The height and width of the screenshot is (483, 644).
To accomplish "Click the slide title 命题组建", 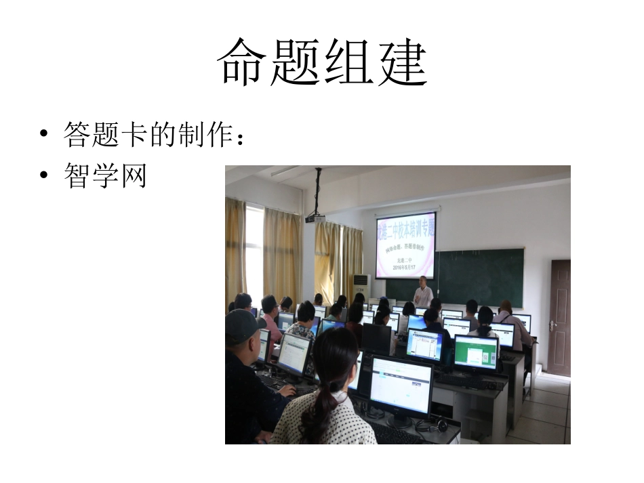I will click(x=322, y=61).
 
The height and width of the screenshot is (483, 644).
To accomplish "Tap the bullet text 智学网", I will click(x=105, y=175).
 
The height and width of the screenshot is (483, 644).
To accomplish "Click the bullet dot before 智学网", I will click(x=45, y=176).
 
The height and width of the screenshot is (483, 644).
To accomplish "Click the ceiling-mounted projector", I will click(x=314, y=217).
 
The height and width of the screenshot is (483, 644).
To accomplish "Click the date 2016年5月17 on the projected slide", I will click(x=405, y=268).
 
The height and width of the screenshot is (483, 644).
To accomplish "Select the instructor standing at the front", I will click(x=423, y=292).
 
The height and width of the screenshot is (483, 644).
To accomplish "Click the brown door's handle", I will click(x=552, y=325).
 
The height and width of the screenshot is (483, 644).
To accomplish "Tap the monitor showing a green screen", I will click(x=476, y=351).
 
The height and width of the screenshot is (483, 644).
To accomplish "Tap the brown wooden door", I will click(x=559, y=316).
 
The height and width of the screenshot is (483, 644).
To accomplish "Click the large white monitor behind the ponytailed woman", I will click(x=400, y=385).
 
